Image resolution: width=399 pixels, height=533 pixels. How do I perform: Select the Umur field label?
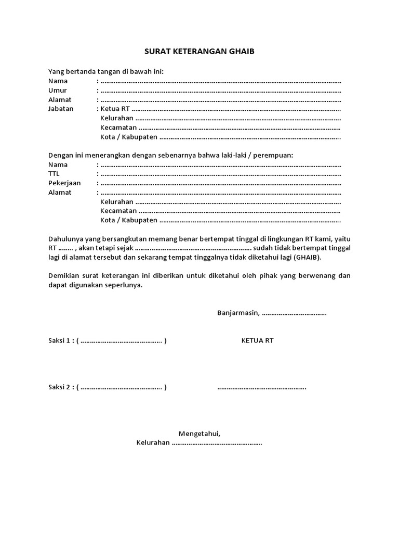click(58, 90)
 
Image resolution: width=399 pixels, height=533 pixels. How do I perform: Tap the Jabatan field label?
click(61, 109)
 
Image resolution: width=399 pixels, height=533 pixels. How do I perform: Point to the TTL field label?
click(54, 174)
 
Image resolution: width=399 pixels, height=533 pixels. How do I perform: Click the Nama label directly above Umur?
click(58, 81)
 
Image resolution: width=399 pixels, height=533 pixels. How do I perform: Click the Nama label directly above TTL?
click(58, 164)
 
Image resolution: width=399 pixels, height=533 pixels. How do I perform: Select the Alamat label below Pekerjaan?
click(60, 193)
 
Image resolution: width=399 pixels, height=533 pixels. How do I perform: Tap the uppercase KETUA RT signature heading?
click(257, 341)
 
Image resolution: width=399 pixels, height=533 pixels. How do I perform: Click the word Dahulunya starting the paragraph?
click(66, 239)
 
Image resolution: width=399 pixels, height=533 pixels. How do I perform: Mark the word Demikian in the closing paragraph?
click(64, 276)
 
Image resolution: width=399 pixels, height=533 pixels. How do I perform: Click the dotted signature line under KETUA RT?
click(261, 388)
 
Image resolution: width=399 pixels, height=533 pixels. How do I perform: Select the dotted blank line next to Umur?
click(221, 91)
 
